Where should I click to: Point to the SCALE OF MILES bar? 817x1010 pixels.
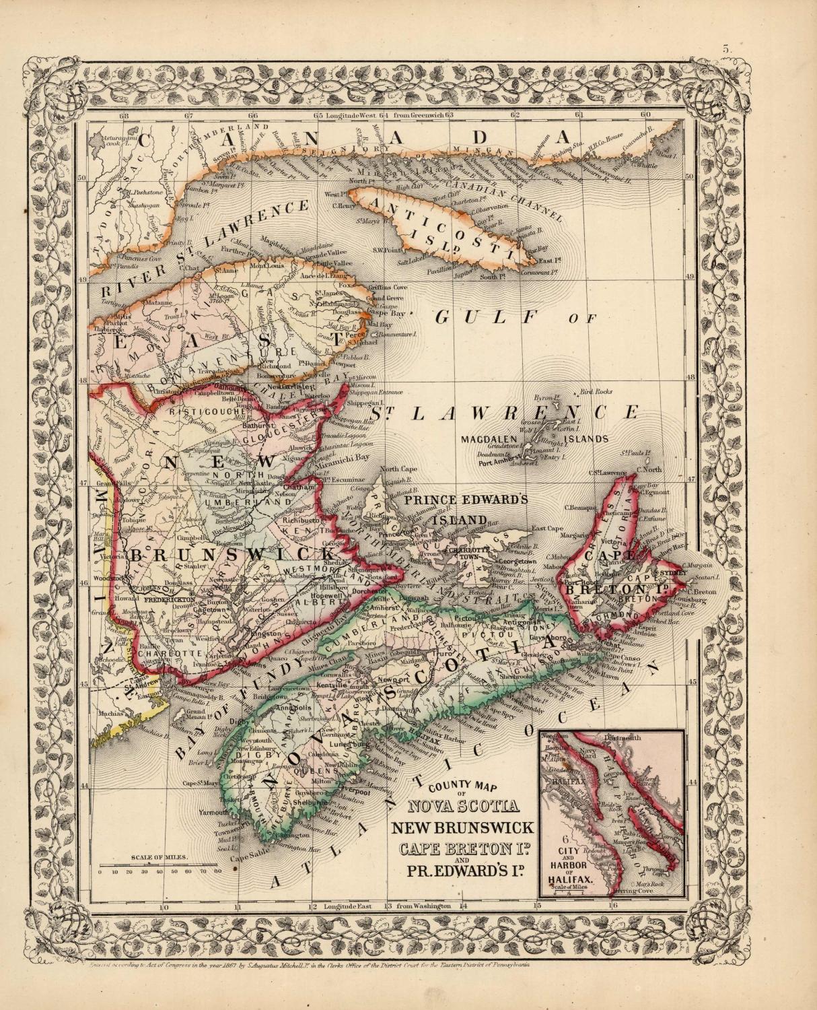[x=159, y=865]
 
